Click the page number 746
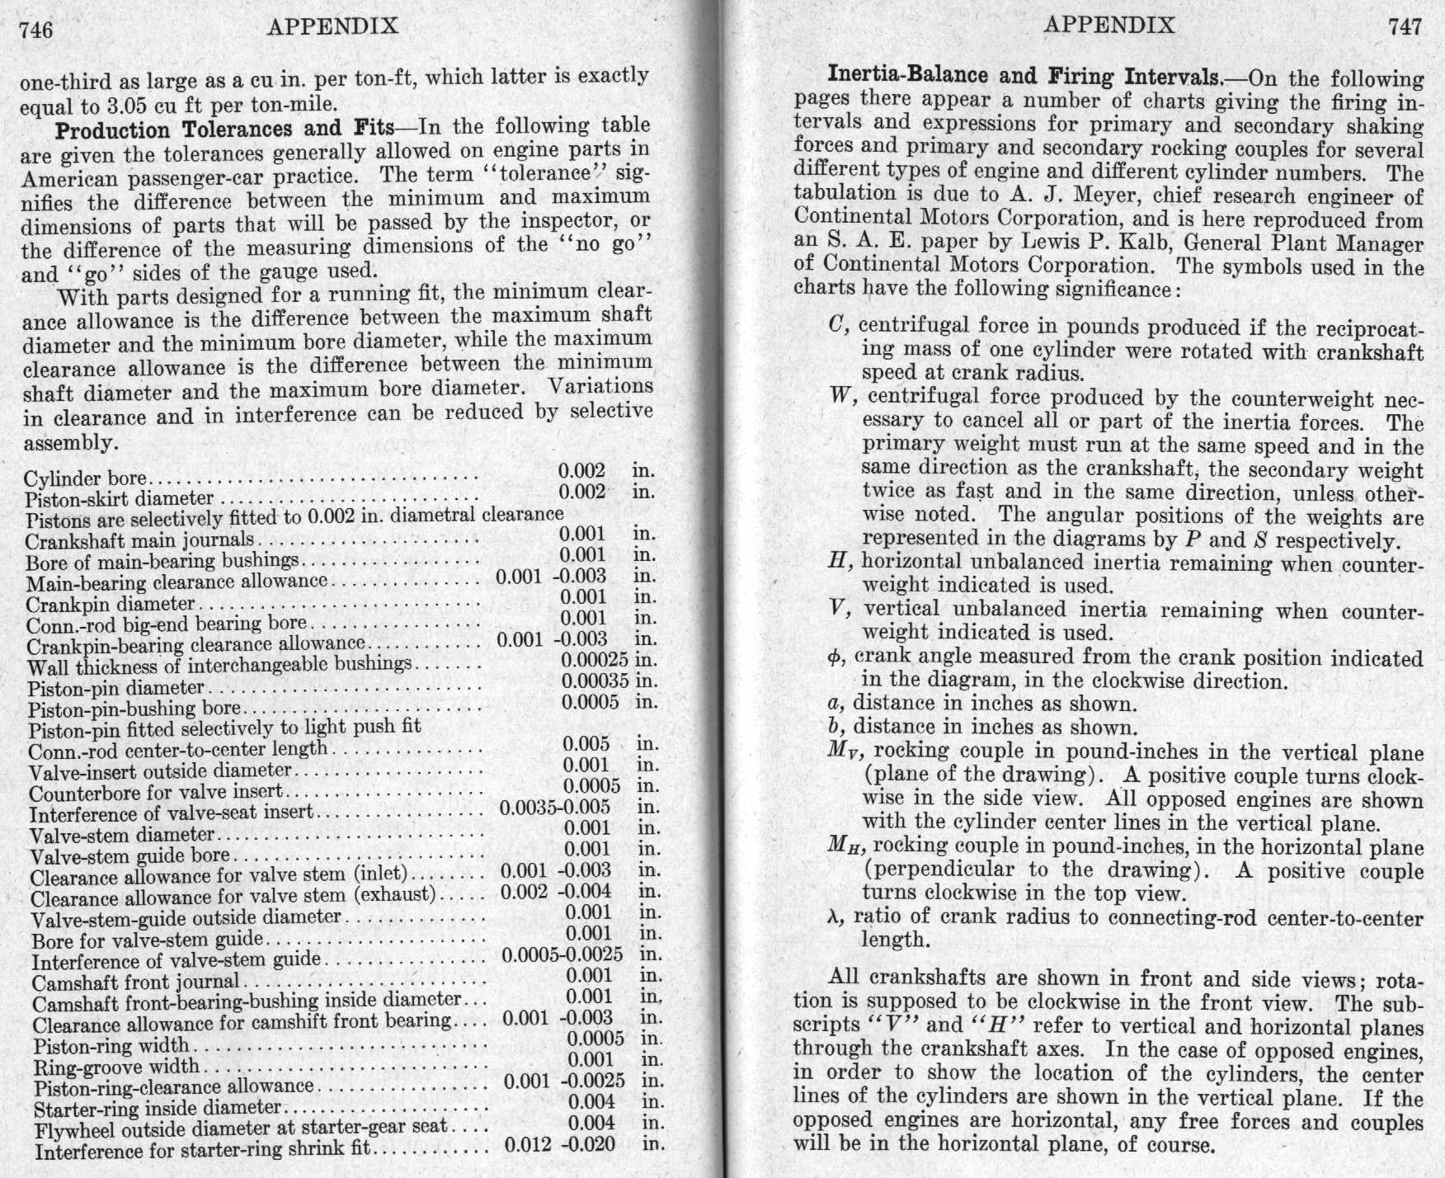36,30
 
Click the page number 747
1405,26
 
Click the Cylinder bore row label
85,478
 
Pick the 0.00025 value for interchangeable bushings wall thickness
595,660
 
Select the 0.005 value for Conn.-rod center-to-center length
586,744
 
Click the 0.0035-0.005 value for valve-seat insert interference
555,808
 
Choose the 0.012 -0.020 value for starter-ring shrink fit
560,1145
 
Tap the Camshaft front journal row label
135,983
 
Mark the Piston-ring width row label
111,1046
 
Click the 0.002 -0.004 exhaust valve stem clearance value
556,892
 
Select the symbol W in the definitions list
839,397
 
